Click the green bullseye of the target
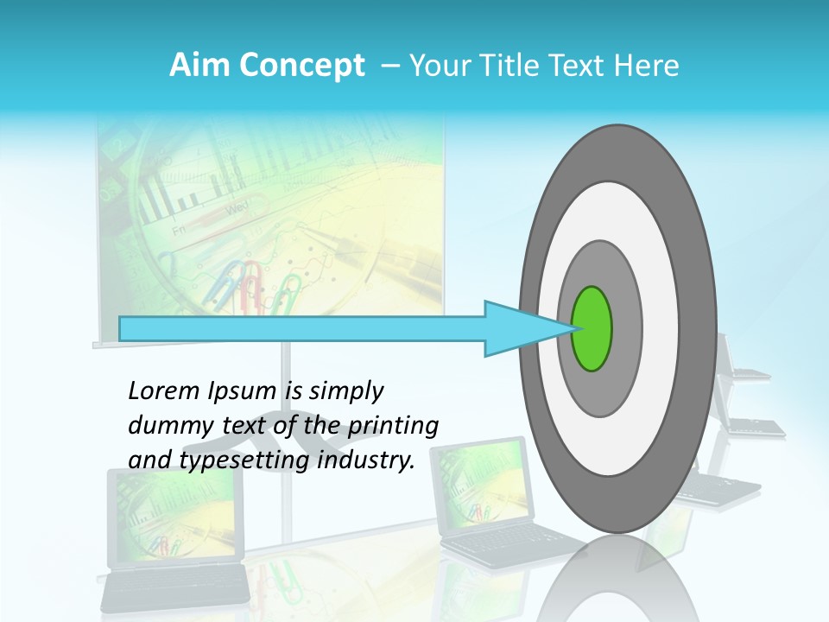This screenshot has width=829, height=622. [x=592, y=329]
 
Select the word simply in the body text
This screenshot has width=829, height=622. [x=345, y=391]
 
